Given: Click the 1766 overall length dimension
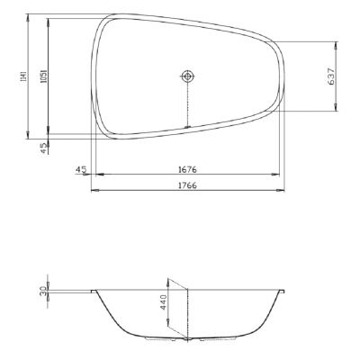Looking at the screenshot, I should (187, 184).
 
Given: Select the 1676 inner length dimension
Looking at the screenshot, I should (187, 167).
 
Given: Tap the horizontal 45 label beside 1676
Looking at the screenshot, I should (81, 167).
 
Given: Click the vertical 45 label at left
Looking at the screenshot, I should (44, 147).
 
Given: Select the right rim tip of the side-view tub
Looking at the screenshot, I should (286, 290).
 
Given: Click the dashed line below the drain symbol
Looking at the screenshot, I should (187, 103).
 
